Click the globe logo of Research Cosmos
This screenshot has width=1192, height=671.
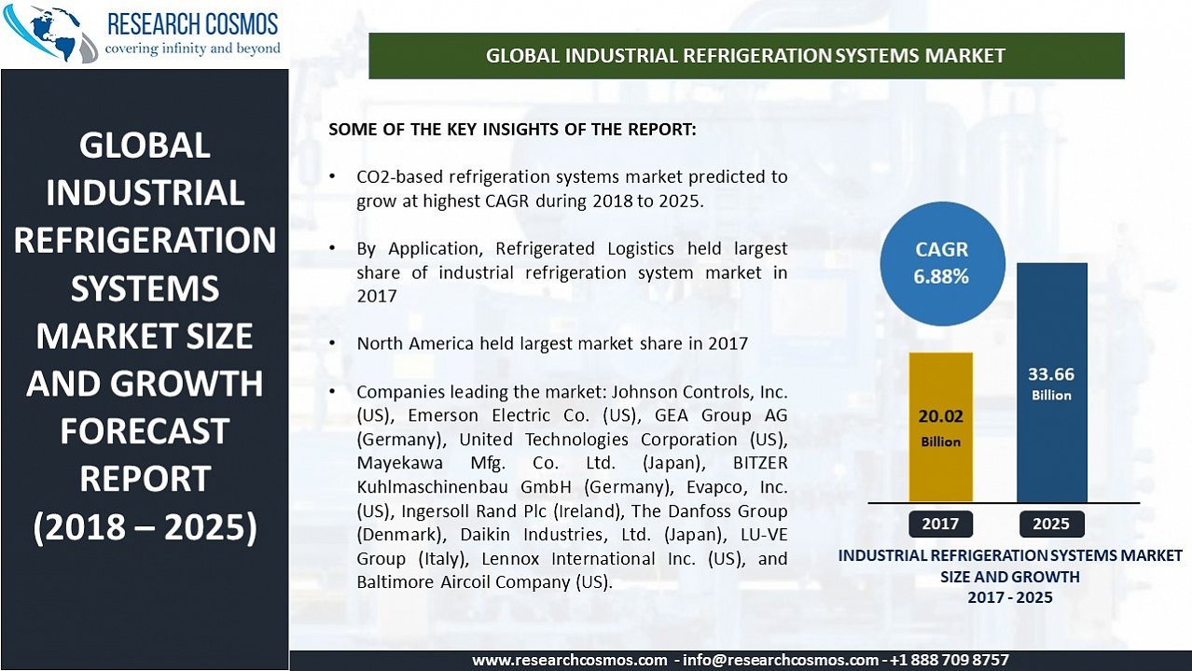coord(50,32)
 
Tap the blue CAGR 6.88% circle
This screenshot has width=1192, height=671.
coord(942,263)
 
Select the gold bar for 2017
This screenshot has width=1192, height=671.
coord(940,426)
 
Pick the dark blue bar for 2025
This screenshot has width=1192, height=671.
coord(1051,383)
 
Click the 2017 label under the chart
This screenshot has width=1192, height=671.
coord(940,524)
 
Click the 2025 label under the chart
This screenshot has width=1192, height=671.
coord(1051,524)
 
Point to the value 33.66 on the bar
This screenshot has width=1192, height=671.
coord(1051,374)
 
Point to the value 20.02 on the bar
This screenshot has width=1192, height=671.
coord(940,416)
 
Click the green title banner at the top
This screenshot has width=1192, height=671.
coord(746,56)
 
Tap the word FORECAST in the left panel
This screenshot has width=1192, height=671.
coord(145,431)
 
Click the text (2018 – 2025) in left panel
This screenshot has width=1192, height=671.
coord(145,527)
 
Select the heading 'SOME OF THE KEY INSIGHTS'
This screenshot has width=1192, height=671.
coord(512,130)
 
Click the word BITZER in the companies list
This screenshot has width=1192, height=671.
coord(760,463)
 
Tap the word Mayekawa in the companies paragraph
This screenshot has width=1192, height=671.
coord(399,463)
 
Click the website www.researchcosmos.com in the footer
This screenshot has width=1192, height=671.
coord(569,661)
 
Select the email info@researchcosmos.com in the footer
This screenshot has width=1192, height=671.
coord(781,661)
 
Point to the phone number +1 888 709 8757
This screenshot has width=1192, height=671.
coord(949,660)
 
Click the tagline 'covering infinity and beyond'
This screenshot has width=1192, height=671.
coord(193,49)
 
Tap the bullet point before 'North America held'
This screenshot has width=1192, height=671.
coord(332,343)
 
